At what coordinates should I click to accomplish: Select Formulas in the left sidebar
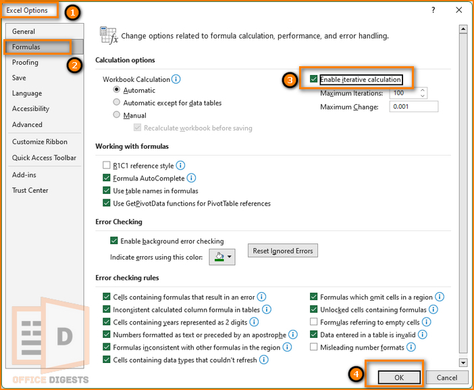click(27, 47)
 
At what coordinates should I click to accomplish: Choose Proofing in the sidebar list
click(25, 62)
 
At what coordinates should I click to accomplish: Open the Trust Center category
click(30, 190)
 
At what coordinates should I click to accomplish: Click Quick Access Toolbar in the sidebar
click(44, 157)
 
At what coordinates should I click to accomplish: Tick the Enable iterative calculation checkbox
click(314, 80)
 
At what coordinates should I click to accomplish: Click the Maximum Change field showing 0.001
click(413, 106)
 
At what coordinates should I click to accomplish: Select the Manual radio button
click(117, 116)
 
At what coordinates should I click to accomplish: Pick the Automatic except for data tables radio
click(117, 103)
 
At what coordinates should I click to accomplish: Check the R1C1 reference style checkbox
click(107, 165)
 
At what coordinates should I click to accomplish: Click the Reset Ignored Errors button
click(283, 251)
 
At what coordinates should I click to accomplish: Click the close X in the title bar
click(459, 10)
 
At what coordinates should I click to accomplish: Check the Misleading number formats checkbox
click(314, 347)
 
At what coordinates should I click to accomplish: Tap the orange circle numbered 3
click(290, 80)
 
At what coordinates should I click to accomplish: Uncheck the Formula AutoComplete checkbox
click(107, 178)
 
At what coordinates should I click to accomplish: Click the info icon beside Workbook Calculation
click(176, 79)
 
